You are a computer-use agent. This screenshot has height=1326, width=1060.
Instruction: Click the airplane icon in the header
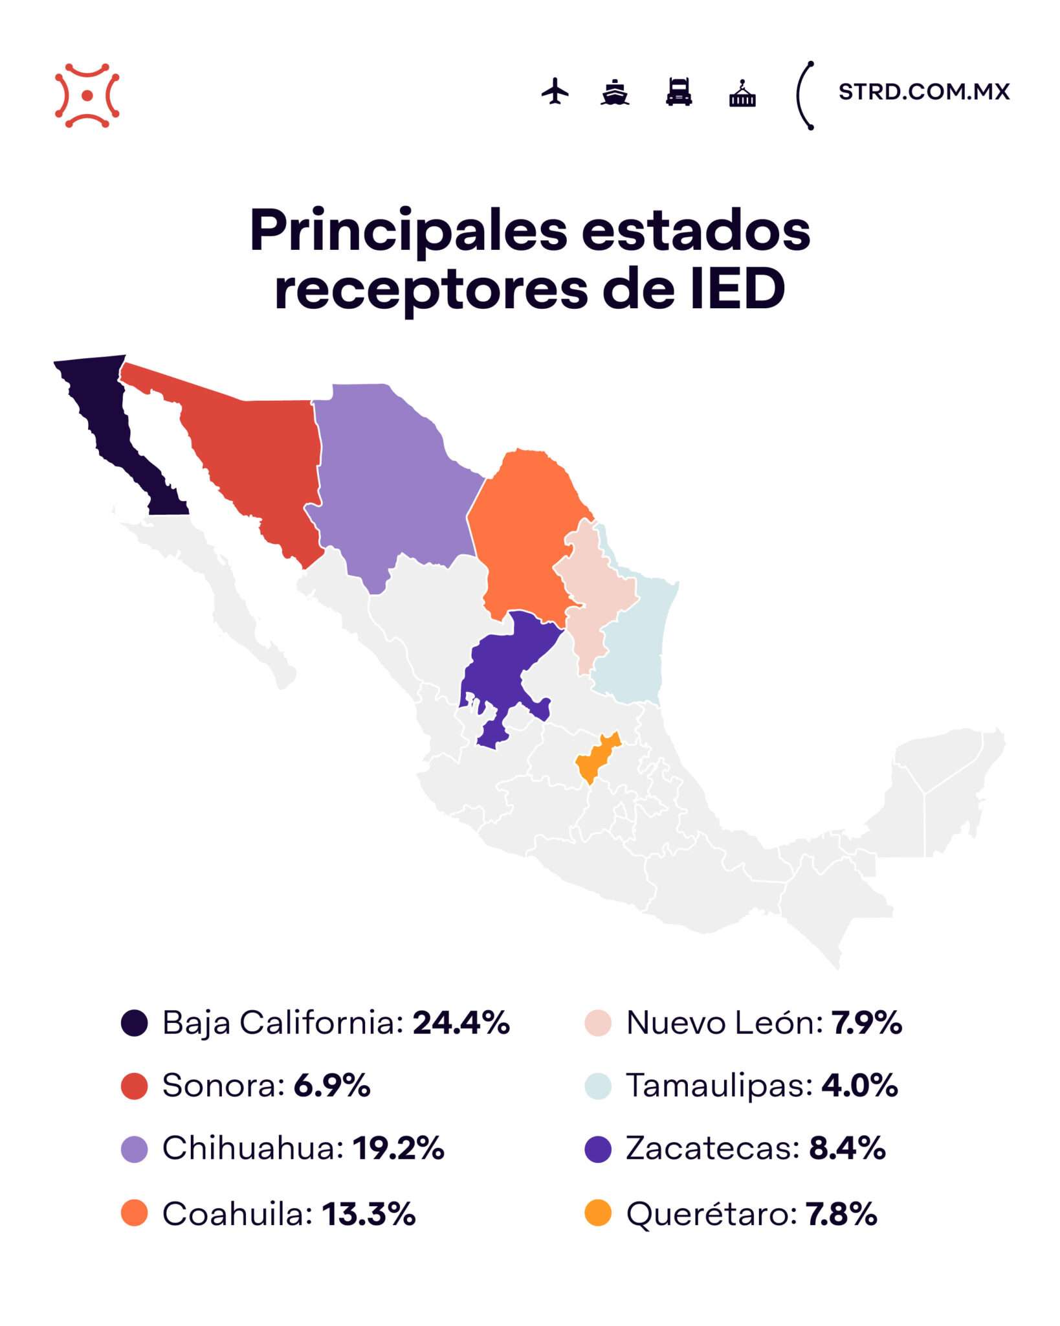555,91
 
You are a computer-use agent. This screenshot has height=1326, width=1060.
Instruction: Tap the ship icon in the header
614,92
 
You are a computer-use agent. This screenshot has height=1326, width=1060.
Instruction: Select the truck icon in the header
679,91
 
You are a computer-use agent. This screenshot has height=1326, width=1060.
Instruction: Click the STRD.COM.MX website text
923,92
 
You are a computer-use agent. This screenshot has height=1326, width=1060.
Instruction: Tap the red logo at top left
87,95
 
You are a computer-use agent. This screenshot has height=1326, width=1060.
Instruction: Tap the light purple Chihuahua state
388,479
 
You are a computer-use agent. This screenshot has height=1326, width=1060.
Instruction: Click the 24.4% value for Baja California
461,1023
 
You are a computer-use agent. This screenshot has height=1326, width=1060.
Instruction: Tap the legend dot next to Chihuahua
135,1149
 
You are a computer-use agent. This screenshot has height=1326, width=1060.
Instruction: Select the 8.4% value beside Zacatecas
846,1149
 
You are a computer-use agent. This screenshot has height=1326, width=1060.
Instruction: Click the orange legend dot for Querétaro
598,1213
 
